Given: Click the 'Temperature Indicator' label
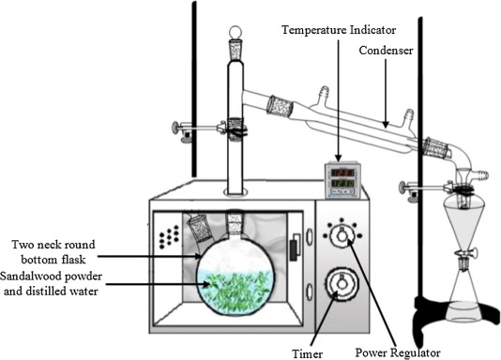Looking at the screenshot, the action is (339, 30).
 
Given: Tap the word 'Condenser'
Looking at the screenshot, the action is (386, 51).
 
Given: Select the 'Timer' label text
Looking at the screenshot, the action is (308, 353).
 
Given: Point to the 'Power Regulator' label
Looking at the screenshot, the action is (398, 352).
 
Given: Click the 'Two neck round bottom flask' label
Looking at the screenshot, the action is (53, 252).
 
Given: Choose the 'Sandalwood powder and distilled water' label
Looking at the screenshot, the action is (51, 283).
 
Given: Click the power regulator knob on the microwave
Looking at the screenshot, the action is (342, 235).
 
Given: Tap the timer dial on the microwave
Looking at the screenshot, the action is (342, 284).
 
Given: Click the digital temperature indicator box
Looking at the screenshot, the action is (342, 180).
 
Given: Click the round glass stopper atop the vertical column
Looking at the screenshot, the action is (235, 32).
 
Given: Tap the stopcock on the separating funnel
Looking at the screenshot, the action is (467, 253).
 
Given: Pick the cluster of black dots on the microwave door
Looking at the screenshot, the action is (169, 237).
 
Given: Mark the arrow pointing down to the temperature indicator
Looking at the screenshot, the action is (339, 100).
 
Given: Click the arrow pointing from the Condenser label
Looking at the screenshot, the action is (386, 94).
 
